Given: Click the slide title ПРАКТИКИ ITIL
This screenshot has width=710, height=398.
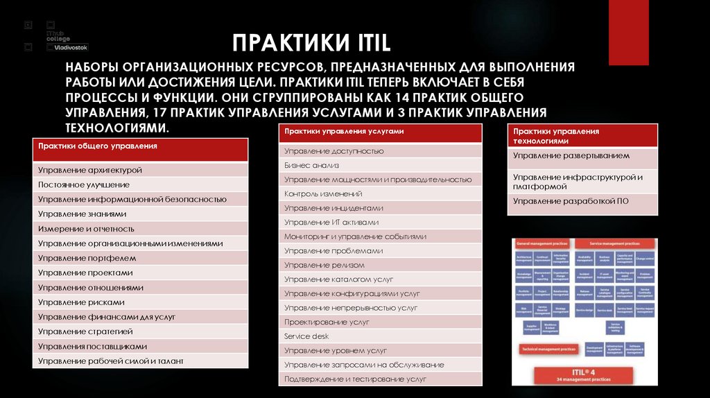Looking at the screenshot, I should [311, 45].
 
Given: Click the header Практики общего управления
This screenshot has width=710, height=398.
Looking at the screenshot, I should [98, 146].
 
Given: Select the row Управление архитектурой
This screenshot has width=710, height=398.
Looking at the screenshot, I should [90, 170].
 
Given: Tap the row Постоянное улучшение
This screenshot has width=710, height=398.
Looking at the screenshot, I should [84, 185].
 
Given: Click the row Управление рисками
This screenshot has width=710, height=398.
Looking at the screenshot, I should [82, 302].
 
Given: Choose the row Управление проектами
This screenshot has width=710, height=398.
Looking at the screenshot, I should [85, 272].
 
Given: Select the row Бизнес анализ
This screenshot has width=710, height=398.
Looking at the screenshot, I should [311, 165].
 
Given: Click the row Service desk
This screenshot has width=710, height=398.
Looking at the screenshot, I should [306, 336].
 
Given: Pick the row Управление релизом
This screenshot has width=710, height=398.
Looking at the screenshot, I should [324, 265].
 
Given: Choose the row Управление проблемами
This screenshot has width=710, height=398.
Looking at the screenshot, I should [334, 251].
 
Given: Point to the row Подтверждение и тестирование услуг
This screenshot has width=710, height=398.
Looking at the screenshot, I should [355, 379].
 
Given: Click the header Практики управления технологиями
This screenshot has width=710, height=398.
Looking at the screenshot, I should [556, 135].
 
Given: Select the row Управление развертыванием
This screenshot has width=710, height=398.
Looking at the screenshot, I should [571, 156].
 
